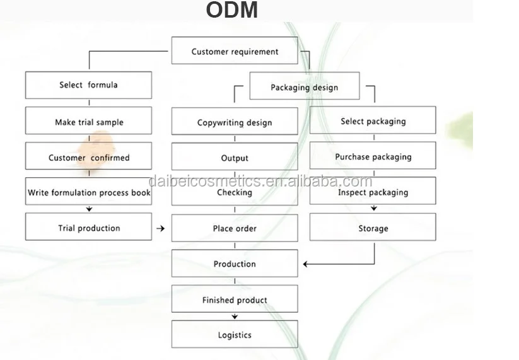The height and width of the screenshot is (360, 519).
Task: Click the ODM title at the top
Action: coord(232,11)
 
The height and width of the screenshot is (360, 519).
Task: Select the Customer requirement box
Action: coord(235,51)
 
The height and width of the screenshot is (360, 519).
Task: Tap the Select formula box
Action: coord(88,84)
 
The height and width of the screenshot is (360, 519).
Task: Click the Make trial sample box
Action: coord(88,121)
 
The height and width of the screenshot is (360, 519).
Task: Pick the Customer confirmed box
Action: coord(88,156)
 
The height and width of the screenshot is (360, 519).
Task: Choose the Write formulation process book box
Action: coord(88,192)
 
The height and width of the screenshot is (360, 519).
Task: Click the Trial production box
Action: coord(88,228)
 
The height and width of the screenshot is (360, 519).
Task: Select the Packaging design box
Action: coord(305,87)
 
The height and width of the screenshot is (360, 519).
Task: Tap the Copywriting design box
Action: coord(235,122)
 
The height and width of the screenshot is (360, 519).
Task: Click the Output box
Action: coord(235,157)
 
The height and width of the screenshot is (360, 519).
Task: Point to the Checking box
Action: coord(235,192)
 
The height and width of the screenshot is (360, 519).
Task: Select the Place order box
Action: coord(235,228)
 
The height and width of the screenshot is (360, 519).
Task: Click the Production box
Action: coord(235,264)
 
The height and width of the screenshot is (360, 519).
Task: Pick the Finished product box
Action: coord(235,299)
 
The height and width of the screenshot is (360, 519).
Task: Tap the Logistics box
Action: coord(235,335)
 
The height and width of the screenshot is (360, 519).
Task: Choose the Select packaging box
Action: coord(373,120)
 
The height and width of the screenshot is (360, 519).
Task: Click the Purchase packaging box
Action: coord(373,156)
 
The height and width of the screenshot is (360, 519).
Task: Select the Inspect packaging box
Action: coord(373,192)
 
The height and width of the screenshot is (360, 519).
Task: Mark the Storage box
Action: coord(373,228)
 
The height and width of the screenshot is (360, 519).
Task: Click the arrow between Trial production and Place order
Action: coord(161,228)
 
